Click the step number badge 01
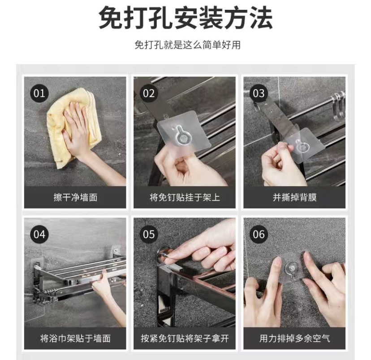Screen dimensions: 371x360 pos(39,93)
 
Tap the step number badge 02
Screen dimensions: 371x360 pos(149,93)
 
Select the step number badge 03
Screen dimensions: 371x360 pos(259,93)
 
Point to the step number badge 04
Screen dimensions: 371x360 pos(39,234)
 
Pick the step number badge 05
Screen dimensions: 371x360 pos(149,234)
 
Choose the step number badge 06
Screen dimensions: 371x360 pos(259,234)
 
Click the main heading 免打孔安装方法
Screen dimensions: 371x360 pos(186,18)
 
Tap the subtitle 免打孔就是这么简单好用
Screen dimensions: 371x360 pos(187,45)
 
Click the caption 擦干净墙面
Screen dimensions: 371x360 pos(75,197)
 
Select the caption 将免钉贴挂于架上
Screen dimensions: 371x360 pos(185,197)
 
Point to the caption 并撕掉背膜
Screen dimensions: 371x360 pos(294,197)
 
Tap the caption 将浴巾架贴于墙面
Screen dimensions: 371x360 pos(75,338)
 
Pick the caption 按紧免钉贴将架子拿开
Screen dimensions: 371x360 pos(185,338)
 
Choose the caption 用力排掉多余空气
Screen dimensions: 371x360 pos(294,338)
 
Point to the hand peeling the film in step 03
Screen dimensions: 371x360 pos(281,166)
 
